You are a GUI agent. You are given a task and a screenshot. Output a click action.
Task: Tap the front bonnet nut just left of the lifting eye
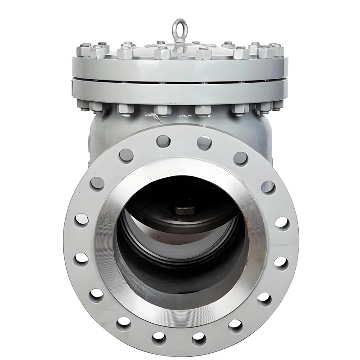pyautogui.click(x=162, y=54)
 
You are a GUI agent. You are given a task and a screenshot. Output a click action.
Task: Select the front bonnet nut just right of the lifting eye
pyautogui.click(x=203, y=54)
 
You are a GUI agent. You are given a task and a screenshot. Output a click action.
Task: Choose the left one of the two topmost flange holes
pyautogui.click(x=163, y=141)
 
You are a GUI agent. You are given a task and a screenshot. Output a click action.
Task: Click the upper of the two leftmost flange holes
pyautogui.click(x=81, y=220)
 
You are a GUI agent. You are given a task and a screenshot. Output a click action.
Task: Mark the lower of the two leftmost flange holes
pyautogui.click(x=81, y=258)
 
